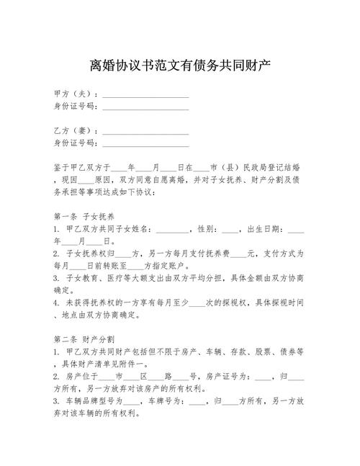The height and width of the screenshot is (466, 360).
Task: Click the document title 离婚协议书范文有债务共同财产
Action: [180, 67]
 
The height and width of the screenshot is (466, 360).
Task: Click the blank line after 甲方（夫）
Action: [146, 94]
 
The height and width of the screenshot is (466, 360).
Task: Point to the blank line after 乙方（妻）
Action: [146, 132]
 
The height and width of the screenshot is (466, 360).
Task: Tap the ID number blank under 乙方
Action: [146, 144]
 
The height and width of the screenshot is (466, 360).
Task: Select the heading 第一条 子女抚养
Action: [85, 216]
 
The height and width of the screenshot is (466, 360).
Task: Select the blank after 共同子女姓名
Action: [170, 230]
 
